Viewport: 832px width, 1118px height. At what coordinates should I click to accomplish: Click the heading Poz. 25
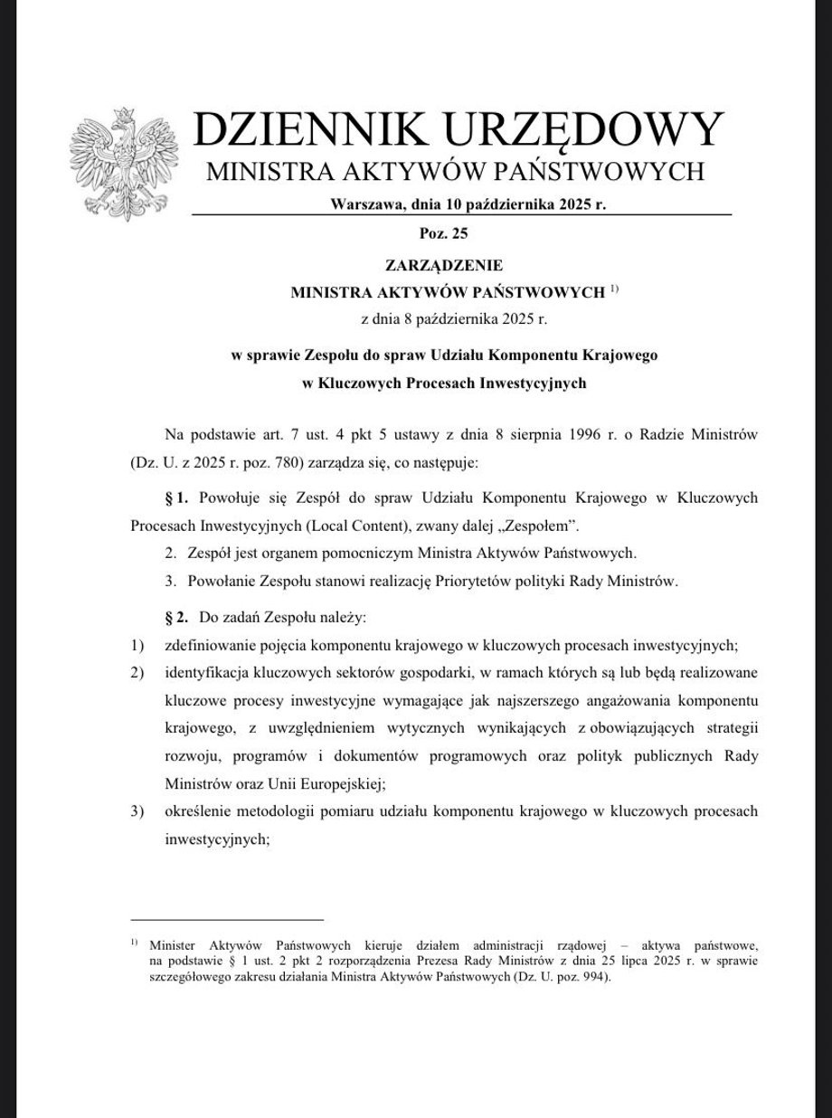(445, 235)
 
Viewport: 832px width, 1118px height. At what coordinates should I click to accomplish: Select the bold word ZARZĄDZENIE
(444, 265)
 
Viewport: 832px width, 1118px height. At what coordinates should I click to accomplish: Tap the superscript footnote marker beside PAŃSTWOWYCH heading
(613, 289)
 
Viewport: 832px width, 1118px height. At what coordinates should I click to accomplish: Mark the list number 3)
(137, 811)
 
